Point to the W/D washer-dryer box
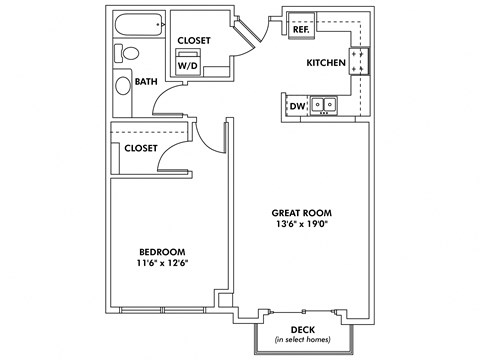click(x=188, y=63)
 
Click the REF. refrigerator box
click(x=301, y=30)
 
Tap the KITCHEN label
click(x=326, y=63)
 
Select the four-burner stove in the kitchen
click(x=358, y=62)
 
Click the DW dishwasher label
click(x=297, y=104)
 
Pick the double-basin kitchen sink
click(x=323, y=104)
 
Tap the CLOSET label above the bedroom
click(x=141, y=148)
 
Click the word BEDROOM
click(x=161, y=251)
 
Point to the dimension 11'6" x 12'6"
click(x=161, y=263)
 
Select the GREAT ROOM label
click(x=302, y=213)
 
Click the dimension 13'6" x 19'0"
click(x=302, y=225)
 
